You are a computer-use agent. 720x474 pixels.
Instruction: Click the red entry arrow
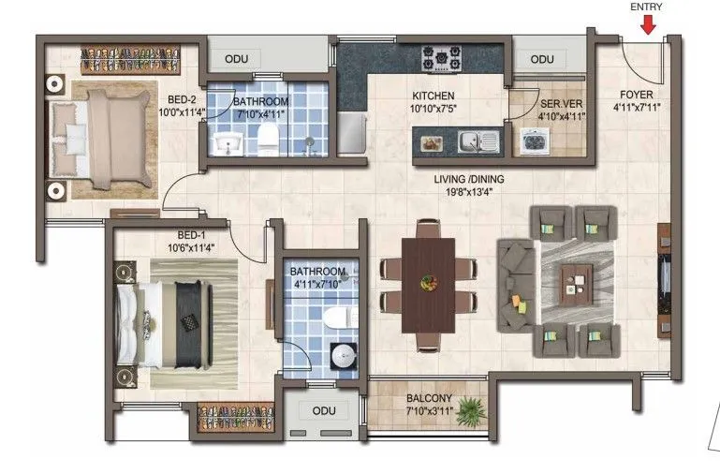coord(648,24)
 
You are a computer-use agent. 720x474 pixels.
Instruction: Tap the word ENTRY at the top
coord(647,7)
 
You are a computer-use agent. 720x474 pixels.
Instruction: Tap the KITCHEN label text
coord(433,96)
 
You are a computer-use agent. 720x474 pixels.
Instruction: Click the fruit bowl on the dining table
coord(429,281)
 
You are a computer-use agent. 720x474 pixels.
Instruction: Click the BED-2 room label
coord(182,100)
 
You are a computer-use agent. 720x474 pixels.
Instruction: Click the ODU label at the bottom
coord(323,410)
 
